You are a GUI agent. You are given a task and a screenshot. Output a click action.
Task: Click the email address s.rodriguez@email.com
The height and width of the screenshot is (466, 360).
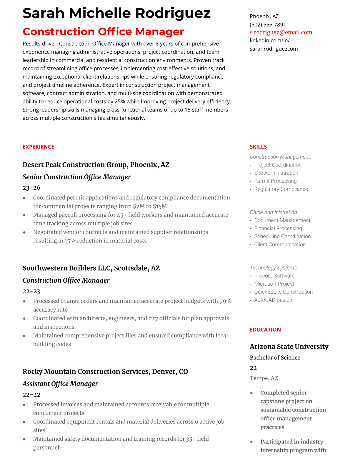(x=281, y=32)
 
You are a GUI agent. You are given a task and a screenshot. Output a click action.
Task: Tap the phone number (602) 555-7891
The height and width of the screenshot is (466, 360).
(x=268, y=24)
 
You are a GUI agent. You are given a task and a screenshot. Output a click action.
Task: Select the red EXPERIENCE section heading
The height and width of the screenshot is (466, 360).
(x=38, y=147)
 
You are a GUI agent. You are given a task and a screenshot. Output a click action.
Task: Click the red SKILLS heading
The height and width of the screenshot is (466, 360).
(x=258, y=147)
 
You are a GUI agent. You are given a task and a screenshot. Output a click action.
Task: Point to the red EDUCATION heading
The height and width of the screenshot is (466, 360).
(x=265, y=330)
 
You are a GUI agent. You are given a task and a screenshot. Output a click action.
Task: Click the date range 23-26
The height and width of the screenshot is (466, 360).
(x=31, y=188)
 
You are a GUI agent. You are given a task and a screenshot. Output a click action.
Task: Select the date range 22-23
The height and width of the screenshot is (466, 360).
(x=31, y=291)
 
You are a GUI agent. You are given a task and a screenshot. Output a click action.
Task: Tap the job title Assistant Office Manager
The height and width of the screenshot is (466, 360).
(x=60, y=384)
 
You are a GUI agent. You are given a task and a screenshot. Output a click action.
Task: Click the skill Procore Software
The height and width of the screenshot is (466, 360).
(x=274, y=276)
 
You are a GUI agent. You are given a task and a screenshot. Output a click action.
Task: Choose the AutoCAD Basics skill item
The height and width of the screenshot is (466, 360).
(x=273, y=300)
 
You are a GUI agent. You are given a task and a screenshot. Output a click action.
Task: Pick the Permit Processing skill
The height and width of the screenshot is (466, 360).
(x=275, y=181)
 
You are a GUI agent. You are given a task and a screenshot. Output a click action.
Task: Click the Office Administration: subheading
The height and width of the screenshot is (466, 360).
(x=274, y=212)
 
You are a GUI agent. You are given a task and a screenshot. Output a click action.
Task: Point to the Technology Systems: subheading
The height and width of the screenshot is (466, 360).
(x=274, y=268)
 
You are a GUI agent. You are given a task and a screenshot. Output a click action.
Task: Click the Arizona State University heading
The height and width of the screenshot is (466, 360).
(x=289, y=347)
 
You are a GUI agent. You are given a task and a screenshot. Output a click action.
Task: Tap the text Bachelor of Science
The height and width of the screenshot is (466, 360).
(x=275, y=357)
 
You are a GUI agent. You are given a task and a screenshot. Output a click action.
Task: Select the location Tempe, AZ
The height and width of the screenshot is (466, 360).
(x=264, y=378)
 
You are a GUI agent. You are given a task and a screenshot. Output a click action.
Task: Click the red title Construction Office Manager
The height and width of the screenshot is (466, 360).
(x=103, y=31)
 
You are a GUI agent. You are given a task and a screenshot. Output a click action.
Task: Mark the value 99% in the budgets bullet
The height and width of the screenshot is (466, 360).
(x=225, y=301)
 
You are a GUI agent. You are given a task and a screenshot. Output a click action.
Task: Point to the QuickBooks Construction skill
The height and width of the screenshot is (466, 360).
(x=283, y=292)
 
